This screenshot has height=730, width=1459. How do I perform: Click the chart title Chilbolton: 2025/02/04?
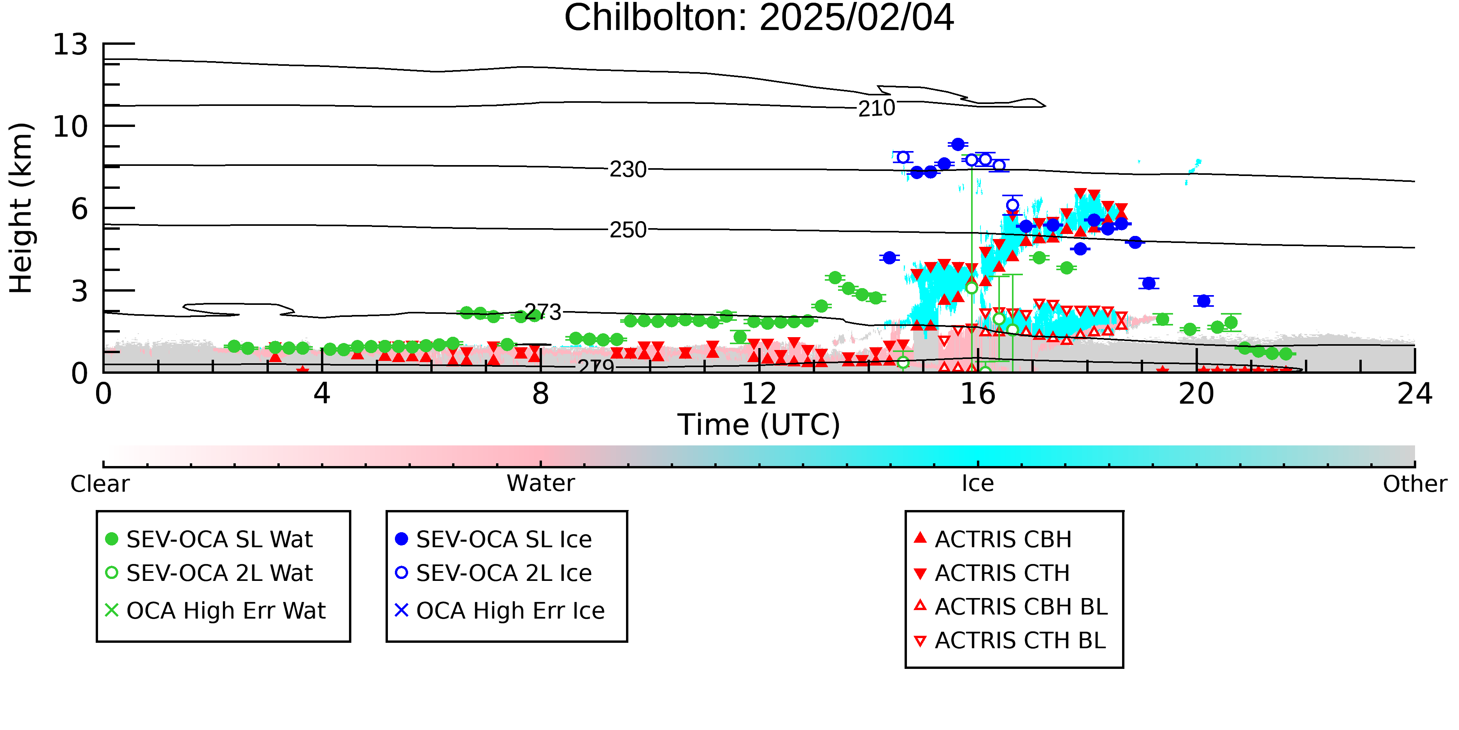click(x=759, y=18)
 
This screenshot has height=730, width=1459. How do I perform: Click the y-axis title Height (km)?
click(x=21, y=208)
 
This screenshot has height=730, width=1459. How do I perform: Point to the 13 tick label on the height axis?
click(x=71, y=44)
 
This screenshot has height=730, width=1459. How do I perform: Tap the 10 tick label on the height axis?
click(x=71, y=127)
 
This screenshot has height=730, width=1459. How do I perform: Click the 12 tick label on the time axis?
click(x=759, y=394)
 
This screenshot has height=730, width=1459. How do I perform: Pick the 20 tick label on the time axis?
click(x=1196, y=394)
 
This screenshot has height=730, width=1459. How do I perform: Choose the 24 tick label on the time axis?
click(x=1415, y=394)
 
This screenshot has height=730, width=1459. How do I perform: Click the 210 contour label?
click(x=877, y=108)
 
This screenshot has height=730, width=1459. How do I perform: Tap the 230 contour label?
click(x=628, y=169)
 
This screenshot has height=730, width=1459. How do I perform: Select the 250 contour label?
click(x=628, y=230)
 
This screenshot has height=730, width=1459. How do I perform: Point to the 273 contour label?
click(x=543, y=312)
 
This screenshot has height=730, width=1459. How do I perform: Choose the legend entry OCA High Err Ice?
click(x=500, y=610)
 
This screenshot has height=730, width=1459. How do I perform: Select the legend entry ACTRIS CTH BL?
click(x=1010, y=640)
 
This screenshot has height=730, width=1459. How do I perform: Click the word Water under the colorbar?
click(x=541, y=484)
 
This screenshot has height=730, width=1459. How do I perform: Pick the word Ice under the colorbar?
click(x=978, y=484)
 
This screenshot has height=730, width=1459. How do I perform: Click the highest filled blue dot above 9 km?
click(x=958, y=144)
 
